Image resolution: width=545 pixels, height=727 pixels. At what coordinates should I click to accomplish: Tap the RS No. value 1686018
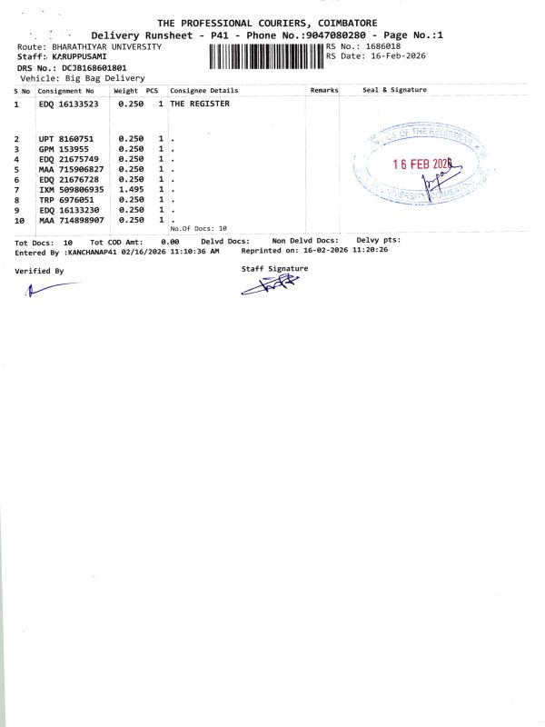click(x=381, y=45)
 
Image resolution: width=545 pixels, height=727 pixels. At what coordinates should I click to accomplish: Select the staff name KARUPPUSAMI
click(x=80, y=57)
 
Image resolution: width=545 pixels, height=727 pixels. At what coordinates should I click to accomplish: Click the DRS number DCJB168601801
click(x=95, y=68)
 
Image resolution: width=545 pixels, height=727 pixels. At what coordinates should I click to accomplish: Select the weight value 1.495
click(x=132, y=189)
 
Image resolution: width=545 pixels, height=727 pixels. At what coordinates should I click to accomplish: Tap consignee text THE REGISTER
click(x=200, y=105)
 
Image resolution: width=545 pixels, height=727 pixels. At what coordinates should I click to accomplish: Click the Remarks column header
click(x=324, y=91)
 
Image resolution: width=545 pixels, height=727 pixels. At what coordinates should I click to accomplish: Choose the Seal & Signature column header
click(x=394, y=91)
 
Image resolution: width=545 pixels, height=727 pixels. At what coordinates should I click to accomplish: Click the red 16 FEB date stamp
click(x=421, y=164)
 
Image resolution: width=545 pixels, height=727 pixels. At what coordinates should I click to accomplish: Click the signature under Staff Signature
click(x=270, y=285)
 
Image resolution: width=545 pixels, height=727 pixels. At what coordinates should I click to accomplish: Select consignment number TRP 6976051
click(x=66, y=200)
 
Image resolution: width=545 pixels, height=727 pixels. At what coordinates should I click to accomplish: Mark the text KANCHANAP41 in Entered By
click(x=97, y=251)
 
